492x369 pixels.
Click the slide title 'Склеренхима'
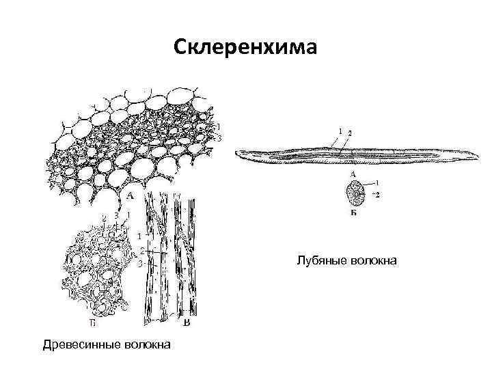coord(245,47)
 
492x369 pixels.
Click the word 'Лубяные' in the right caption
coord(320,260)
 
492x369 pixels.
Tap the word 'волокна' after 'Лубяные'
coord(371,260)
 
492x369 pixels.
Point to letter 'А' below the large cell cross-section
coord(129,195)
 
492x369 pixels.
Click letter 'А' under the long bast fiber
coord(353,175)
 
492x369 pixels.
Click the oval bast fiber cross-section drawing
coord(355,194)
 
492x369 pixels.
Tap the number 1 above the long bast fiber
coord(340,131)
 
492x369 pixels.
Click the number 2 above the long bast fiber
coord(349,132)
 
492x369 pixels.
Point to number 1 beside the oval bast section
coord(378,183)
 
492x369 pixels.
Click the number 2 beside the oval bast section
coord(378,195)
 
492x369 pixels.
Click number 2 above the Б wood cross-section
coord(104,217)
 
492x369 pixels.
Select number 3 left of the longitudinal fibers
coord(139,262)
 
